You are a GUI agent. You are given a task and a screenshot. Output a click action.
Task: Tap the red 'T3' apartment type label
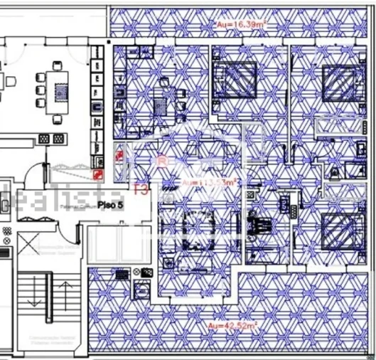pyautogui.click(x=141, y=189)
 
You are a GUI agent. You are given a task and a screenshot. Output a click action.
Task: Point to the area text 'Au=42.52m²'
pyautogui.click(x=232, y=325)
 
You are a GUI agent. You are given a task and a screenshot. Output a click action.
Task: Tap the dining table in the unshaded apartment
pyautogui.click(x=58, y=90)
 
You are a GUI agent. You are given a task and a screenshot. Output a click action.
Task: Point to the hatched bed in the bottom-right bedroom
pyautogui.click(x=338, y=229)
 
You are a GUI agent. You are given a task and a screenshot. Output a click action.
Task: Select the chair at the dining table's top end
pyautogui.click(x=58, y=65)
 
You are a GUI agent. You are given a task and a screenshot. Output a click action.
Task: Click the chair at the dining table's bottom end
pyautogui.click(x=58, y=119)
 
